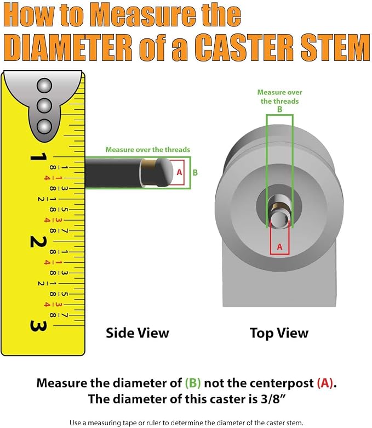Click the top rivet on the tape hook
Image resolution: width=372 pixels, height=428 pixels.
point(44,86)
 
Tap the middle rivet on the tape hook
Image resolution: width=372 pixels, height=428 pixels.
point(44,106)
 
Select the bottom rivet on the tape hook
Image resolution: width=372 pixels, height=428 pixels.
point(44,126)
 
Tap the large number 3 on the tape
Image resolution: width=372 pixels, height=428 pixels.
point(38,326)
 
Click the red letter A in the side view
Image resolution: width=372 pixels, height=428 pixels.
point(179,172)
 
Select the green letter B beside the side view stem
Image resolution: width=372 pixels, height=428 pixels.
point(195,172)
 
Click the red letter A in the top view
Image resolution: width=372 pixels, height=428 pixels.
point(279,247)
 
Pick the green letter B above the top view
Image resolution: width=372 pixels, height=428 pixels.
point(279,109)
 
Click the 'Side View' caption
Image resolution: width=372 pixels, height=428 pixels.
point(138,333)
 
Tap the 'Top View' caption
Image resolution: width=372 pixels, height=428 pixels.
point(279,333)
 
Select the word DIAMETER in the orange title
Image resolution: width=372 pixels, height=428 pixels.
point(68,47)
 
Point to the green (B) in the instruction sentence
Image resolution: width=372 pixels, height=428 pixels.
point(193,383)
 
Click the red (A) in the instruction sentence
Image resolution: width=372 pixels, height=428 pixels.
point(325,383)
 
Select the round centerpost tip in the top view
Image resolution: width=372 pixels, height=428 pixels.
point(279,219)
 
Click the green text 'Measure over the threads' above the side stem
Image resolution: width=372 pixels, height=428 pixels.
point(148,150)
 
